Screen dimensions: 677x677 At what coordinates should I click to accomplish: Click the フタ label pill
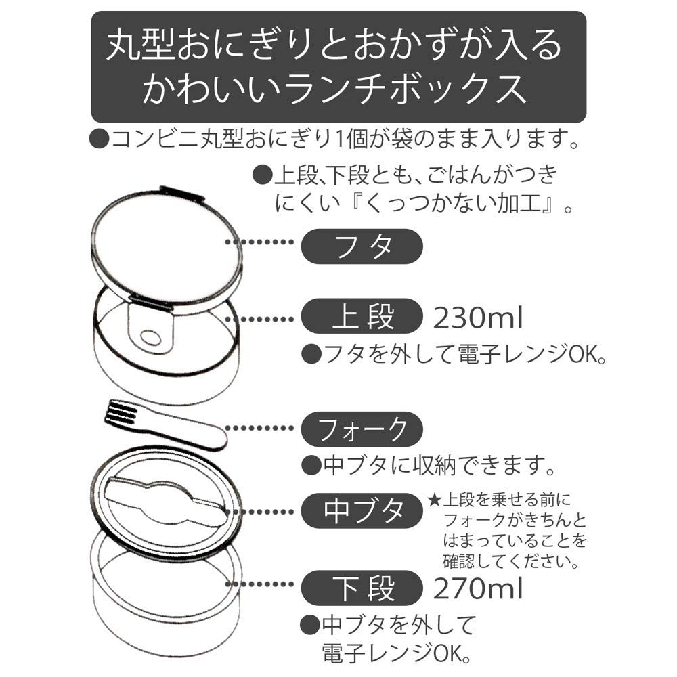tap(361, 246)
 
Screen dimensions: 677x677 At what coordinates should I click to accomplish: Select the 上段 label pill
tap(361, 318)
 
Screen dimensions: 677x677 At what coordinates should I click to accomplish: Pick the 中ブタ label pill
tap(361, 510)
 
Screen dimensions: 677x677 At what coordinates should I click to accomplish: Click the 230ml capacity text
tap(477, 317)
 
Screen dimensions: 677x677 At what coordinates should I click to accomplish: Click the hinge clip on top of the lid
tap(182, 192)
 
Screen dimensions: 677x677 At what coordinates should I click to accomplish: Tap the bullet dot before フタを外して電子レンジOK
tap(310, 353)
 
